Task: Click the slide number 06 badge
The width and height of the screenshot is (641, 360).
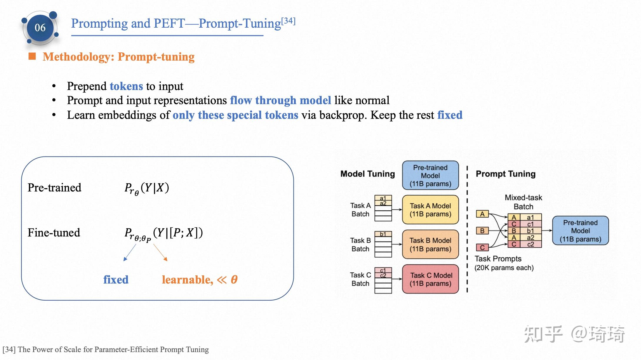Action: click(x=40, y=28)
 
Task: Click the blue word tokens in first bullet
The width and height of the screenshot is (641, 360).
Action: click(x=126, y=86)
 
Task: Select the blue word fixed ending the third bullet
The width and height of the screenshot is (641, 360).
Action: click(x=450, y=115)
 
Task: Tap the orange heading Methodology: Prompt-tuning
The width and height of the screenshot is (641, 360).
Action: click(x=118, y=57)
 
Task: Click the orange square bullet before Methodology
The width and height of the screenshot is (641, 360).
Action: click(x=32, y=56)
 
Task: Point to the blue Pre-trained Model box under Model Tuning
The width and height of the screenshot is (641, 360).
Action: click(x=430, y=176)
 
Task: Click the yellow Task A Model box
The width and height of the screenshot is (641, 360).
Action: click(x=430, y=210)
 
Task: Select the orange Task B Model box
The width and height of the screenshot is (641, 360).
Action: click(x=430, y=244)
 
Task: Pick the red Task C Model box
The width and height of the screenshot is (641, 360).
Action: click(x=430, y=279)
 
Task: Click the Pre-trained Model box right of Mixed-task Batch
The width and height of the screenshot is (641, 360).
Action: click(x=580, y=231)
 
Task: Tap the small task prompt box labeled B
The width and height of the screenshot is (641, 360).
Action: click(x=482, y=231)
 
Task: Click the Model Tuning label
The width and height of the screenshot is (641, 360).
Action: click(x=367, y=174)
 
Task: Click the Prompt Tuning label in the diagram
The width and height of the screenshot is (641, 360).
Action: click(x=505, y=174)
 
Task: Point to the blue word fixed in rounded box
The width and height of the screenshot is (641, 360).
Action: click(x=116, y=279)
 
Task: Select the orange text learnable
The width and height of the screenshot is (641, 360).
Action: click(x=187, y=279)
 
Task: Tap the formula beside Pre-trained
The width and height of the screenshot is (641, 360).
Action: click(x=146, y=188)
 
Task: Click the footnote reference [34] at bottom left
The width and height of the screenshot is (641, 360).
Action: click(x=9, y=349)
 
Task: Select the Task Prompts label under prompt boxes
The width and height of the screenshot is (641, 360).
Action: click(x=498, y=259)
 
